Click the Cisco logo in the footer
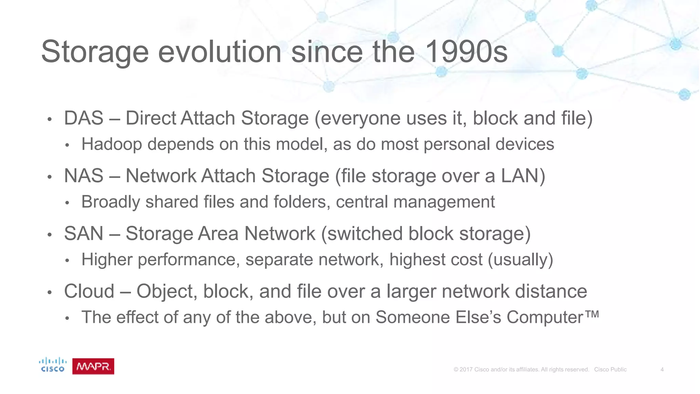pyautogui.click(x=53, y=365)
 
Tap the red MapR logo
pyautogui.click(x=93, y=367)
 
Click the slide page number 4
pyautogui.click(x=662, y=370)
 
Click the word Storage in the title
pyautogui.click(x=95, y=52)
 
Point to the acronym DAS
pyautogui.click(x=84, y=118)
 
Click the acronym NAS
pyautogui.click(x=84, y=176)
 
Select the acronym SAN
pyautogui.click(x=84, y=234)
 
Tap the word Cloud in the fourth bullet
pyautogui.click(x=89, y=291)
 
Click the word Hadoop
pyautogui.click(x=111, y=144)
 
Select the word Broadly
pyautogui.click(x=111, y=202)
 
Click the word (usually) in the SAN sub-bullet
pyautogui.click(x=520, y=260)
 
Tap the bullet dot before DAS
pyautogui.click(x=50, y=120)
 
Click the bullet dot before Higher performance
pyautogui.click(x=67, y=261)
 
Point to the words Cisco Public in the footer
pyautogui.click(x=610, y=370)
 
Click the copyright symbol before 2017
pyautogui.click(x=456, y=370)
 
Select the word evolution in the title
pyautogui.click(x=219, y=52)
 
